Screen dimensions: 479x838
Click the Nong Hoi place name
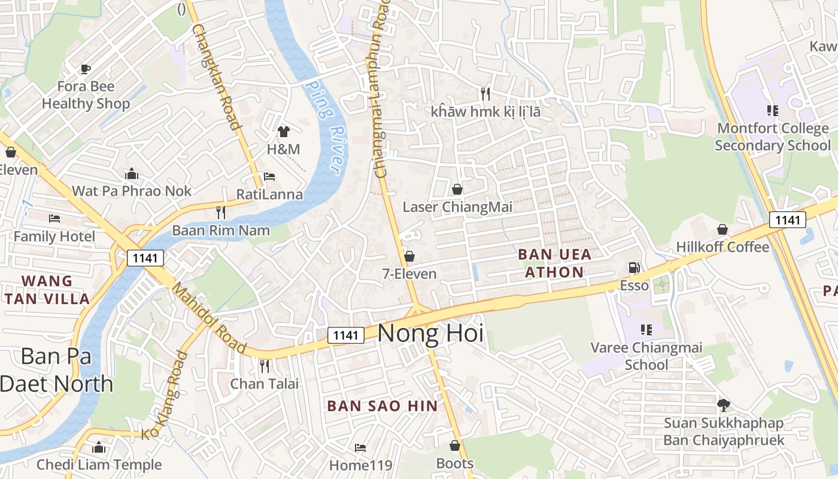430,334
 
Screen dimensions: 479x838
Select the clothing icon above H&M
283,131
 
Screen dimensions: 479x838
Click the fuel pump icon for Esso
633,268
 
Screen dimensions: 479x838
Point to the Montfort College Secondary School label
772,137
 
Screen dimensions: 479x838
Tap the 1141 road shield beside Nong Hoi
346,335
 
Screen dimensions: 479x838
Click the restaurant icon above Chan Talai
264,365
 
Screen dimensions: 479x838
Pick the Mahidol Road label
209,319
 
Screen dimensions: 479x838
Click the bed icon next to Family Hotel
54,219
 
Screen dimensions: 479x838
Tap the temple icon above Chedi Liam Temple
99,447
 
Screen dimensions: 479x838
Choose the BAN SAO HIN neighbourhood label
382,405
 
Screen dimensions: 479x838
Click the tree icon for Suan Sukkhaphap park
724,405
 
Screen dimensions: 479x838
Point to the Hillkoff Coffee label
722,247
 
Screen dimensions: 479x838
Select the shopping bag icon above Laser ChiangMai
457,189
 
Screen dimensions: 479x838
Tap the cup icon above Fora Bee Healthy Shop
86,69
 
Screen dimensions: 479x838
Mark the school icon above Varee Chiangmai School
646,329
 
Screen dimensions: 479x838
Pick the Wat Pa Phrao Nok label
132,191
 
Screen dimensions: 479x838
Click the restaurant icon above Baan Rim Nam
221,212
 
